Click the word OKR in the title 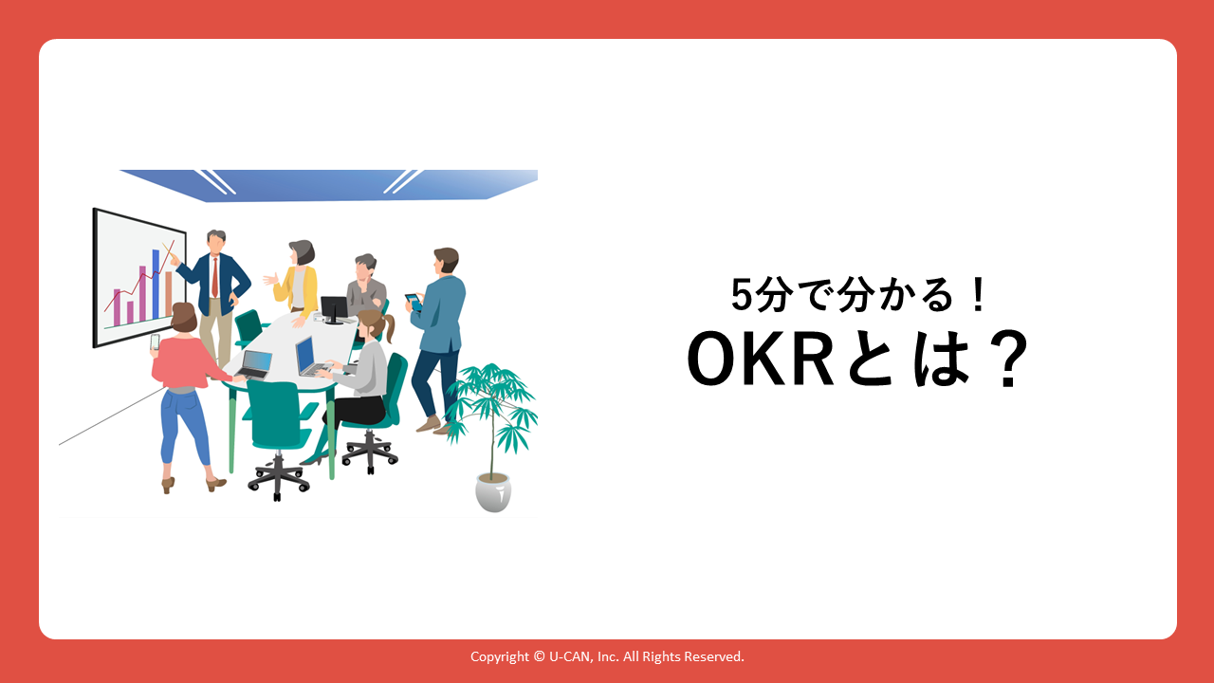pyautogui.click(x=760, y=359)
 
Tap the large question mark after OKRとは pyautogui.click(x=1007, y=359)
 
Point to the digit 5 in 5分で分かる pyautogui.click(x=743, y=295)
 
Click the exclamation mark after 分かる pyautogui.click(x=979, y=295)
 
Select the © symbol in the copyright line pyautogui.click(x=539, y=656)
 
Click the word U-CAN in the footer pyautogui.click(x=569, y=656)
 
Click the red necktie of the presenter pyautogui.click(x=215, y=278)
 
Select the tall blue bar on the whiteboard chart pyautogui.click(x=156, y=284)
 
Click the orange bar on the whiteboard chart pyautogui.click(x=169, y=294)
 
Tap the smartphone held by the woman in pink pyautogui.click(x=155, y=342)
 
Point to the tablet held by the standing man pyautogui.click(x=414, y=302)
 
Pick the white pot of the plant pyautogui.click(x=492, y=492)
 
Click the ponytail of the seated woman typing pyautogui.click(x=389, y=327)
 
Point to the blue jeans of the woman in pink pyautogui.click(x=185, y=425)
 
